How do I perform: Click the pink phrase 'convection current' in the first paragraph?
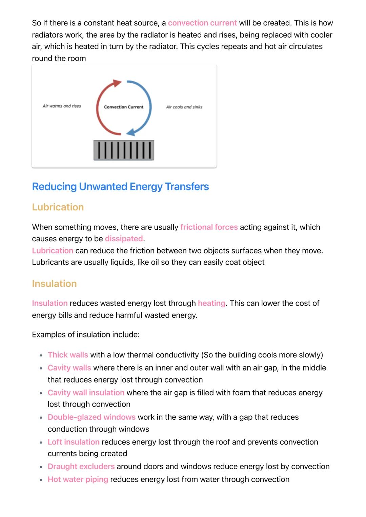(x=202, y=23)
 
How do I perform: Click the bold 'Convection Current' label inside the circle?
(x=124, y=107)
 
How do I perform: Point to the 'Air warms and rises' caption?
(x=62, y=106)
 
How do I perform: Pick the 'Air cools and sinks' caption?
(x=184, y=107)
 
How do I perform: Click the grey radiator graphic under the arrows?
(x=124, y=150)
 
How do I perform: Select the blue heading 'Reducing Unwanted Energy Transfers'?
(x=120, y=187)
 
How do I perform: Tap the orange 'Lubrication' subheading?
(x=58, y=207)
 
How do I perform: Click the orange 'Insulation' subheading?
(x=54, y=284)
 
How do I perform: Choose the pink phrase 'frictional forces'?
(x=209, y=227)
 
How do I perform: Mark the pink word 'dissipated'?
(x=124, y=239)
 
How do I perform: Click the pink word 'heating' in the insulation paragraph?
(x=211, y=303)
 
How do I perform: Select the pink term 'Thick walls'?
(x=68, y=355)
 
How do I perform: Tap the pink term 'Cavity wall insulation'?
(x=86, y=393)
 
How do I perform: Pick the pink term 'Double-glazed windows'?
(x=91, y=417)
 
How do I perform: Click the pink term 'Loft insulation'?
(x=74, y=442)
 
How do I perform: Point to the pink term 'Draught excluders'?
(x=81, y=467)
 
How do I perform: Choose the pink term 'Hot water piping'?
(x=78, y=479)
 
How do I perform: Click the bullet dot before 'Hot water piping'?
(x=41, y=480)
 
